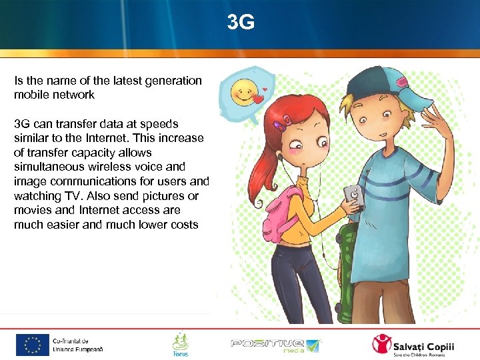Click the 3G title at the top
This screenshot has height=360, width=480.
tap(240, 23)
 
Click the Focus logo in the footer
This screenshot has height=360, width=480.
tap(180, 344)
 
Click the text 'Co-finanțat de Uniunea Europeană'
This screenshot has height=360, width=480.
tap(78, 345)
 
